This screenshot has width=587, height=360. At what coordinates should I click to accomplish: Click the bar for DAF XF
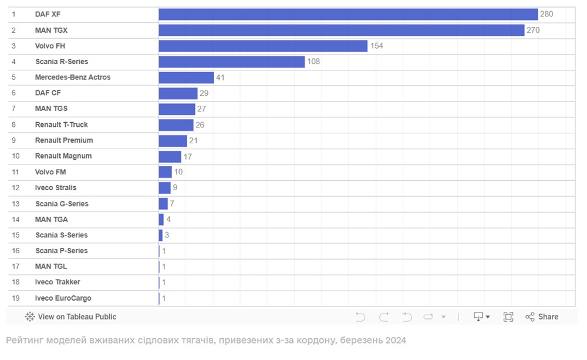(x=348, y=14)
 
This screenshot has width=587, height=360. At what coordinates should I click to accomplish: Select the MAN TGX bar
(x=341, y=30)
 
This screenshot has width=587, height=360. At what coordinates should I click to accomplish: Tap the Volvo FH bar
(x=263, y=46)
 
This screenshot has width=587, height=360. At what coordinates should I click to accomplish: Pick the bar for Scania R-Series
(x=232, y=62)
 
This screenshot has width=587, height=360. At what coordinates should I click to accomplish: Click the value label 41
(x=221, y=78)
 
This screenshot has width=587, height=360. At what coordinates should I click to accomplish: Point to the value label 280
(x=546, y=14)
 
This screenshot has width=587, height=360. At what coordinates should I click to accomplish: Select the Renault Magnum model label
(x=63, y=156)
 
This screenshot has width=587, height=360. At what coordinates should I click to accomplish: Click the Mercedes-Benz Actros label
(x=73, y=78)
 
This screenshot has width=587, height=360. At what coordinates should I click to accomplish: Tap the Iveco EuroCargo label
(x=63, y=298)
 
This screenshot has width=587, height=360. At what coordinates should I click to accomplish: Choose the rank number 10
(x=16, y=156)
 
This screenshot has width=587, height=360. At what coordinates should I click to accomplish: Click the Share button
(x=542, y=317)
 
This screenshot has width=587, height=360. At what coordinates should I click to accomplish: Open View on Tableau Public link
(x=71, y=317)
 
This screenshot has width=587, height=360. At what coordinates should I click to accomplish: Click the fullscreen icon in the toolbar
(x=508, y=317)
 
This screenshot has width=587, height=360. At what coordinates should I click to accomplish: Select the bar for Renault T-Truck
(x=176, y=125)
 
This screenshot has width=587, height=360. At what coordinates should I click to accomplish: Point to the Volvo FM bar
(x=165, y=172)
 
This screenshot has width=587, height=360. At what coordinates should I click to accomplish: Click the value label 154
(x=376, y=46)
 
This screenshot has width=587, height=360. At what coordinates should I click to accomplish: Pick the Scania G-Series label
(x=62, y=204)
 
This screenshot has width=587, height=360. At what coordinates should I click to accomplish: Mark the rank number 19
(x=16, y=298)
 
